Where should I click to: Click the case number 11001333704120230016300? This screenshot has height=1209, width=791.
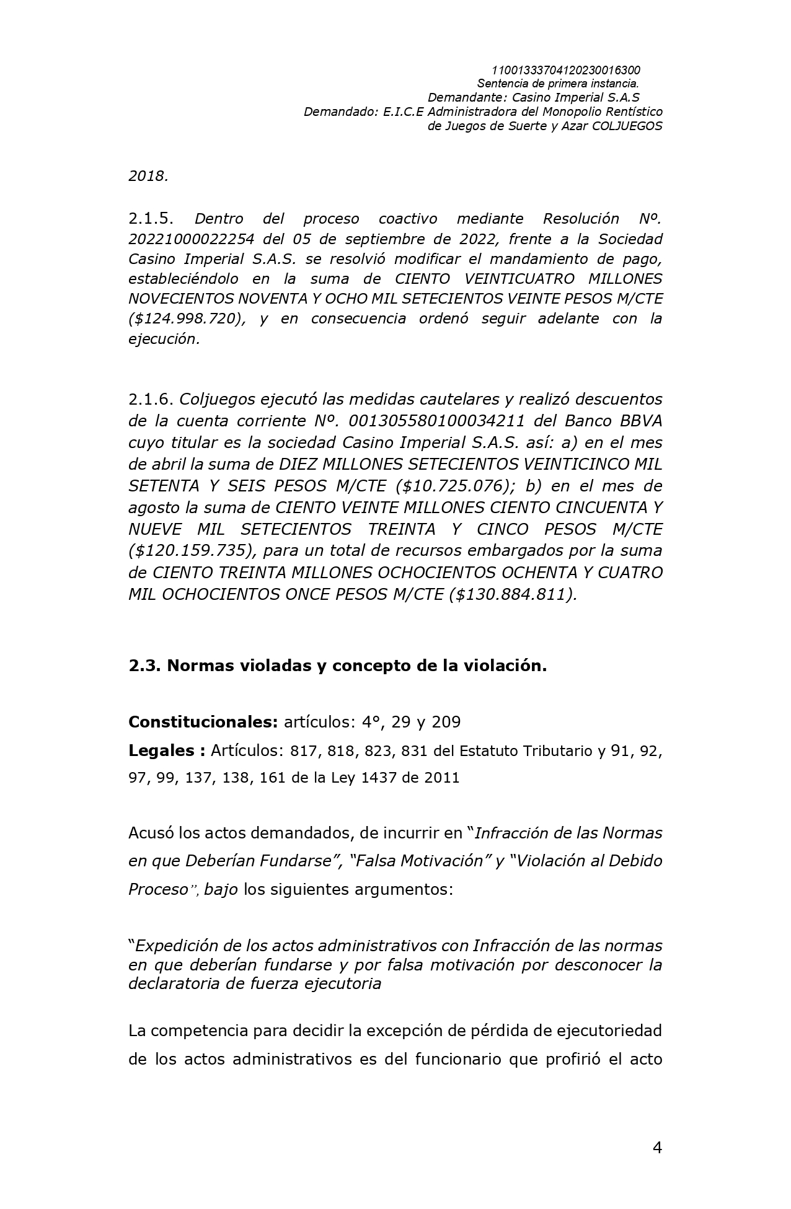tap(565, 70)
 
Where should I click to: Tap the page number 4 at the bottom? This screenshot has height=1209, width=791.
tap(657, 1148)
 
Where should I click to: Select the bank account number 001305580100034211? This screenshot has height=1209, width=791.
tap(437, 421)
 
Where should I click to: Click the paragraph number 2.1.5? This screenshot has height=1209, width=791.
tap(151, 218)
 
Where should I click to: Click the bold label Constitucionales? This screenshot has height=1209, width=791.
tap(203, 722)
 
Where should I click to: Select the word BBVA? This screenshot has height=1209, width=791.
tap(642, 421)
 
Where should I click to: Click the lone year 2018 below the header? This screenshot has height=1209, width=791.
tap(148, 176)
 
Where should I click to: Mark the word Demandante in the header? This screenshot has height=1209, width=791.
tap(467, 97)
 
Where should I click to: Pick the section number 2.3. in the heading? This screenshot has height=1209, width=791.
tap(145, 666)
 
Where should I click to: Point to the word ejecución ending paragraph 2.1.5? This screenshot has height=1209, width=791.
tap(164, 339)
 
